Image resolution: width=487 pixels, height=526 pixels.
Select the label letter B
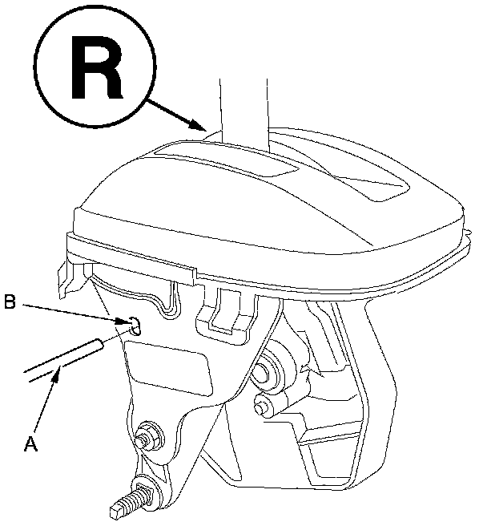click(x=10, y=302)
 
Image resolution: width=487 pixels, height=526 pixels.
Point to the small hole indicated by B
click(x=135, y=325)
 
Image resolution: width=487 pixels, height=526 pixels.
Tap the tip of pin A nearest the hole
click(x=98, y=345)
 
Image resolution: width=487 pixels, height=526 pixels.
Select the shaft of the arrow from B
click(x=72, y=312)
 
